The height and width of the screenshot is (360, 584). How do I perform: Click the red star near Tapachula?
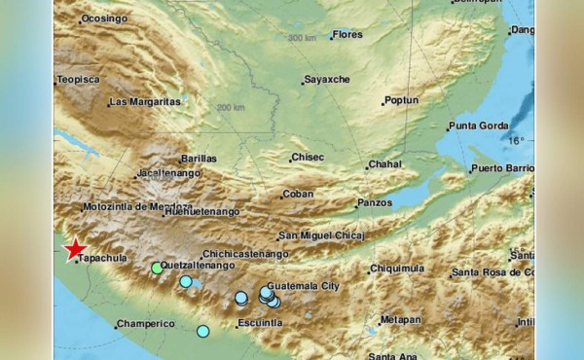click(x=75, y=250)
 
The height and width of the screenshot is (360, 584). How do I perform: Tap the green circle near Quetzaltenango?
click(x=157, y=268)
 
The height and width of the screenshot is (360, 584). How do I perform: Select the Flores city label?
click(x=347, y=36)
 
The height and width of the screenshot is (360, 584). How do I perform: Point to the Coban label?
click(x=298, y=195)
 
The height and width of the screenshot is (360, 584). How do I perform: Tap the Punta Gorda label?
click(x=479, y=126)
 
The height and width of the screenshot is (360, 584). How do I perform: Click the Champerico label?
click(x=145, y=324)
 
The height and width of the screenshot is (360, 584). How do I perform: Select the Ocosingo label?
click(x=104, y=18)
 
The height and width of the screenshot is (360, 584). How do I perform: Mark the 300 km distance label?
click(x=303, y=38)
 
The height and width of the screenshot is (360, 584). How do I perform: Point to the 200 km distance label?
click(x=231, y=107)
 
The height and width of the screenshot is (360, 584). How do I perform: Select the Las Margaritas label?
click(x=145, y=101)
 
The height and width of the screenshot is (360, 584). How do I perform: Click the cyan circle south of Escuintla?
click(x=202, y=332)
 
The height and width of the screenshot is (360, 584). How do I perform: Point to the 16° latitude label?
click(x=515, y=141)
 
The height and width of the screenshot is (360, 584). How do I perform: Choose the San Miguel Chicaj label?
click(x=320, y=235)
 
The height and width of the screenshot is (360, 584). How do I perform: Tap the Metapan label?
click(x=400, y=320)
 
